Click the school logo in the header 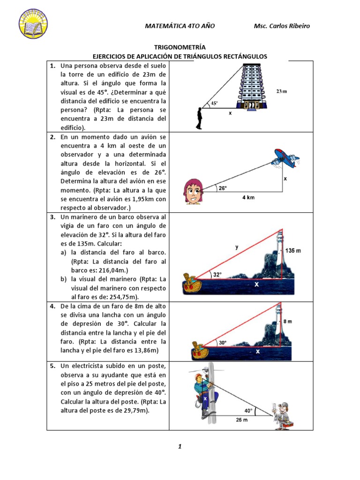pyautogui.click(x=33, y=23)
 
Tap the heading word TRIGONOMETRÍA pyautogui.click(x=180, y=47)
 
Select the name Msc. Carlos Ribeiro pyautogui.click(x=282, y=26)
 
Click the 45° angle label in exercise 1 pyautogui.click(x=214, y=104)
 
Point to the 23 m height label pyautogui.click(x=282, y=91)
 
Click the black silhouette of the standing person pyautogui.click(x=200, y=118)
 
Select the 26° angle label pyautogui.click(x=222, y=188)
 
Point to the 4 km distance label pyautogui.click(x=248, y=198)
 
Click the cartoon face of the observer pyautogui.click(x=193, y=191)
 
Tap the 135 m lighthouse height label pyautogui.click(x=292, y=251)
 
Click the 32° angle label pyautogui.click(x=217, y=275)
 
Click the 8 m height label pyautogui.click(x=288, y=322)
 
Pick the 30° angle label pyautogui.click(x=222, y=343)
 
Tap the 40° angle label pyautogui.click(x=248, y=410)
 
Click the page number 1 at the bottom pyautogui.click(x=180, y=447)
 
